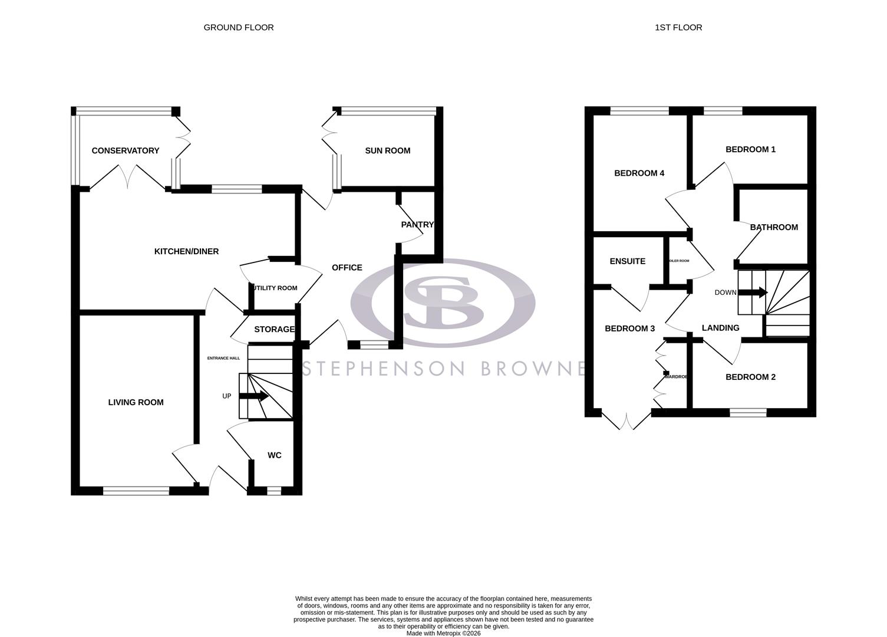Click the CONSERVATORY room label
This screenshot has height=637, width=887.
125,151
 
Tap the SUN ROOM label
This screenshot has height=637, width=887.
387,151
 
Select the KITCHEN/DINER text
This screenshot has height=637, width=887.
186,252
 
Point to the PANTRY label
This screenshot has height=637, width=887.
417,225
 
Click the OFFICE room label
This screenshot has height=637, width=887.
347,268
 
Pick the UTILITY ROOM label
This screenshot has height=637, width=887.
275,288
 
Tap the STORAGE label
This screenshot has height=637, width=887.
273,329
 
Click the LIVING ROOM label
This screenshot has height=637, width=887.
136,403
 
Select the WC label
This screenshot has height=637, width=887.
274,455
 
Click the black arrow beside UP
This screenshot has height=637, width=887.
254,396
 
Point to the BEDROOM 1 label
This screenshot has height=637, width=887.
750,150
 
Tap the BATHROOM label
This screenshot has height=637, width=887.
773,228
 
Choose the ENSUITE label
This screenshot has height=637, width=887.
627,261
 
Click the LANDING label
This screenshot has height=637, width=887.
720,328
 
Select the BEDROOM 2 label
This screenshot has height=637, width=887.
750,377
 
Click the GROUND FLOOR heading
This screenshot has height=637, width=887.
238,28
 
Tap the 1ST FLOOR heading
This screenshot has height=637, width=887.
678,28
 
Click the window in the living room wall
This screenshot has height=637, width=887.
136,490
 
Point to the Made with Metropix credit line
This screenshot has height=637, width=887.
443,633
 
